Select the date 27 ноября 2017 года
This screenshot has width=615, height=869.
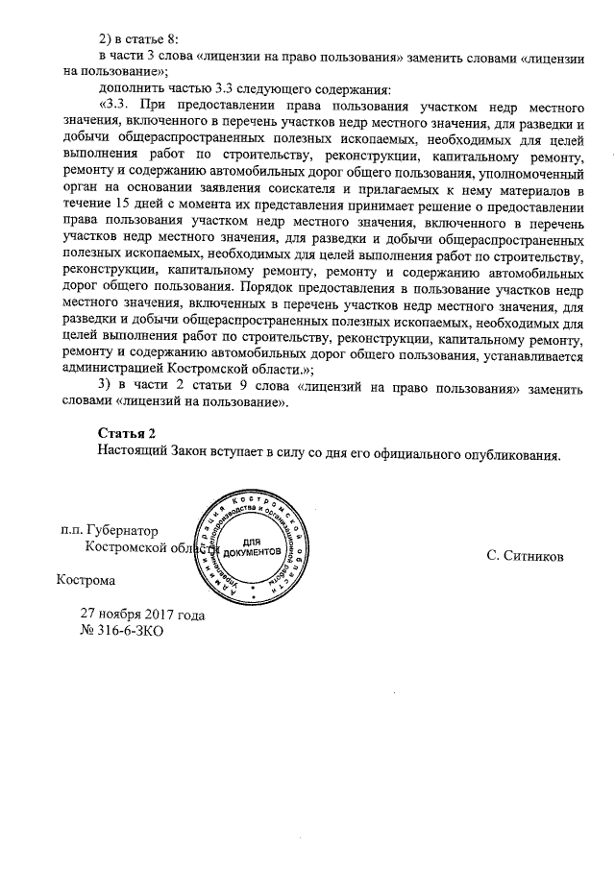(142, 615)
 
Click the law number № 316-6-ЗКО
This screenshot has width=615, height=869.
(115, 632)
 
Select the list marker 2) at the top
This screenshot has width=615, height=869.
(107, 38)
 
